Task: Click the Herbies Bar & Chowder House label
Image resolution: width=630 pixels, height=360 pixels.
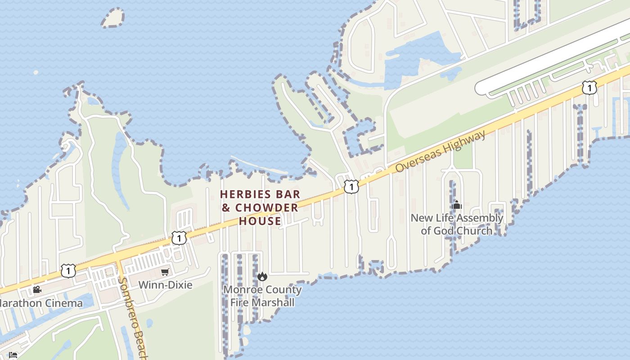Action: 260,207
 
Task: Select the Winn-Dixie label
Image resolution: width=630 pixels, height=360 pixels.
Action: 165,285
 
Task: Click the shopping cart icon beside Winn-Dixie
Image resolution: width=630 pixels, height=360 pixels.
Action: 165,272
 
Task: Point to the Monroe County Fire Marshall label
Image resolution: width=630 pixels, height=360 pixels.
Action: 262,296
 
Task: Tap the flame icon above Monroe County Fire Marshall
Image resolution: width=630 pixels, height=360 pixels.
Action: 262,276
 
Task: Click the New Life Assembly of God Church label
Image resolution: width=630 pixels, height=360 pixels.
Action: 457,224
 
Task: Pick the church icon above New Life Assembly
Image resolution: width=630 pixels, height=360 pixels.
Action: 457,205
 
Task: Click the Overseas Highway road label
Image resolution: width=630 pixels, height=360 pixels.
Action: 441,151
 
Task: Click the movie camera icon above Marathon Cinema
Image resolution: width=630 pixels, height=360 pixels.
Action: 37,289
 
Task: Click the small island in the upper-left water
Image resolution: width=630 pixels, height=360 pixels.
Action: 112,18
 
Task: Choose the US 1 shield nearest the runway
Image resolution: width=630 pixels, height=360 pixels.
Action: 589,87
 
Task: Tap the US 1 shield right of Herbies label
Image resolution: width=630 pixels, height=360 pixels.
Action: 351,186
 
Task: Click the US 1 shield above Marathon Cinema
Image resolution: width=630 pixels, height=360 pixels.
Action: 68,270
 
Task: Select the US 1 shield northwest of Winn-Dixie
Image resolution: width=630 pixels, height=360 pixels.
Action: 179,238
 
